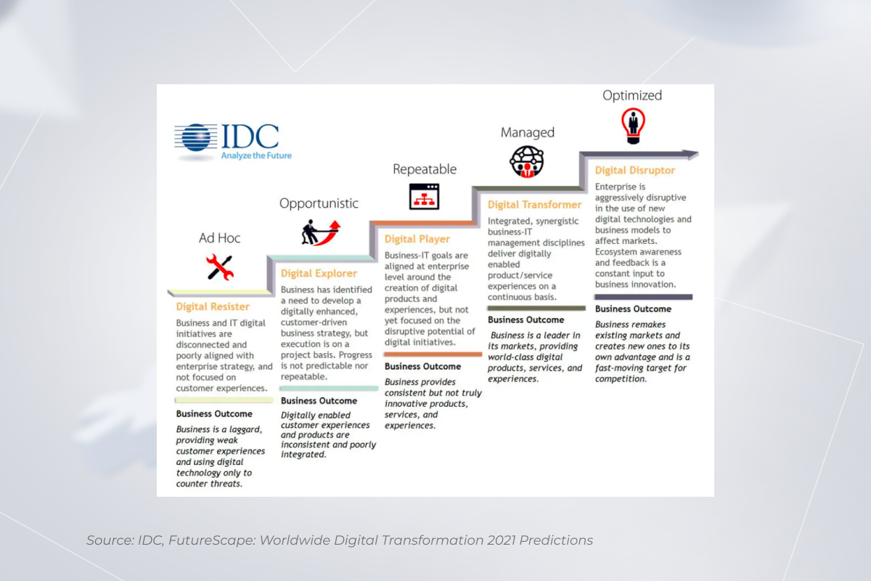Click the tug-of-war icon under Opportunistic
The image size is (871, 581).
[x=320, y=232]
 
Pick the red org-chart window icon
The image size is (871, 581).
[x=424, y=196]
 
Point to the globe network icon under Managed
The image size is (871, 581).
[x=527, y=162]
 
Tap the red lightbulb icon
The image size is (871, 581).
[x=632, y=126]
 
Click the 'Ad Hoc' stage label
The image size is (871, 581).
[x=219, y=237]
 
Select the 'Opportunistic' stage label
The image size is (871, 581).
[x=319, y=203]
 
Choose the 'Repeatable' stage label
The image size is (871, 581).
[x=425, y=169]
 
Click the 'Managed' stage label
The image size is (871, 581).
[x=527, y=133]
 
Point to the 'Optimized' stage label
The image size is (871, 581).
[x=632, y=95]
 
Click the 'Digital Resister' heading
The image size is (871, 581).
[x=213, y=306]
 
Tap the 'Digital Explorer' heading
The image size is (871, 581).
[x=319, y=274]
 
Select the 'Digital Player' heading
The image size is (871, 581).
[x=417, y=239]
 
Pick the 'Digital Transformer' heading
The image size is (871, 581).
[x=534, y=205]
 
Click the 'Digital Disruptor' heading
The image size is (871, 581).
[x=634, y=171]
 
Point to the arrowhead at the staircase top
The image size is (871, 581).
[x=690, y=154]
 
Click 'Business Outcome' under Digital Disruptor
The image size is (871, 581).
[x=633, y=309]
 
